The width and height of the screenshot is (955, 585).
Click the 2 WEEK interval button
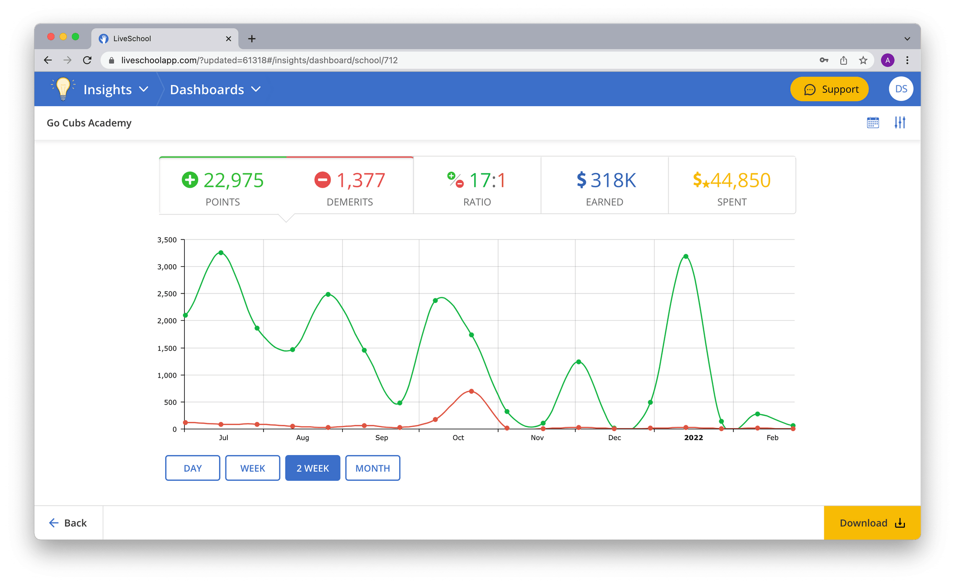(x=313, y=468)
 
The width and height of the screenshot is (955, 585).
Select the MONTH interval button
(x=372, y=468)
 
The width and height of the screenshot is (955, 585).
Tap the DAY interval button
(x=192, y=468)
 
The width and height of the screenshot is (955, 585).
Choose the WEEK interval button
(x=253, y=468)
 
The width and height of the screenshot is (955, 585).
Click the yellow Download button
(x=872, y=523)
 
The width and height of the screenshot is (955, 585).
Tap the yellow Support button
(x=829, y=89)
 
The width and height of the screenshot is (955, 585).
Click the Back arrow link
(x=68, y=523)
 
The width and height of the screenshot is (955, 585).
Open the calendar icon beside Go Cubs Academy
(x=873, y=123)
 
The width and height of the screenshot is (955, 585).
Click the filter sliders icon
(x=900, y=123)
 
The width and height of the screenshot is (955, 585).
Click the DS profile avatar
(x=901, y=89)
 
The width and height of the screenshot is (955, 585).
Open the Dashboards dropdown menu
(x=215, y=89)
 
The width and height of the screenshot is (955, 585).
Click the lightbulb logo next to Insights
(x=63, y=88)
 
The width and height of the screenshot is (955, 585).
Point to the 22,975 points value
(x=233, y=180)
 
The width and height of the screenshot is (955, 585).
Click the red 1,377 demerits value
(x=361, y=180)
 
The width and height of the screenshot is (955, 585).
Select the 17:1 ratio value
(x=487, y=180)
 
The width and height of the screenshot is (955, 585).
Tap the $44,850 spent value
(x=740, y=180)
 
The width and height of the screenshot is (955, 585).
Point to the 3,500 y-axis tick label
(x=167, y=240)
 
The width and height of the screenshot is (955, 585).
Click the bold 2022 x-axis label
(x=693, y=438)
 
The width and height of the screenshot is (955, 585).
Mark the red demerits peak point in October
(x=471, y=391)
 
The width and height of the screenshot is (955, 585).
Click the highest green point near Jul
(x=221, y=252)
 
